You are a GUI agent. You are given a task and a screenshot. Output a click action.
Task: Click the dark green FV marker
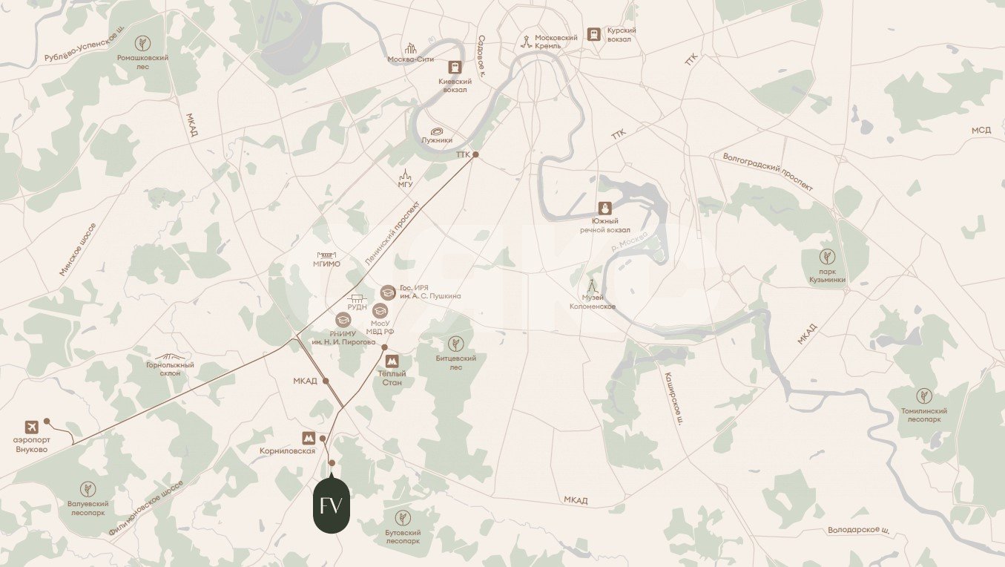click(331, 506)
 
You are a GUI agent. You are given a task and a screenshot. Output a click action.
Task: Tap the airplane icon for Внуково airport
click(31, 427)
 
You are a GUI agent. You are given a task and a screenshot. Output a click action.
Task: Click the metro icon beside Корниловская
click(307, 438)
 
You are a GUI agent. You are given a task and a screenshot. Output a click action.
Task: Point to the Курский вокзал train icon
click(593, 34)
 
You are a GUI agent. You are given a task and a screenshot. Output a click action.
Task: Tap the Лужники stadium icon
click(437, 131)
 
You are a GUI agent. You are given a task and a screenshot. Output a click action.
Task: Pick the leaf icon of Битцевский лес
click(455, 344)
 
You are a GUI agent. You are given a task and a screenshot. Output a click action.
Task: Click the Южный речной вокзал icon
click(604, 209)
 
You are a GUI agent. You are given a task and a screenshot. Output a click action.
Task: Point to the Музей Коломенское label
click(592, 302)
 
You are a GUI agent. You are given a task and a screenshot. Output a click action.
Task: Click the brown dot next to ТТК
click(476, 155)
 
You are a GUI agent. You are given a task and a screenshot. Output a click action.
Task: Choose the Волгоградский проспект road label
click(768, 171)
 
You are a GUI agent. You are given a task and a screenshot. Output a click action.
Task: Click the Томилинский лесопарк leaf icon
click(923, 396)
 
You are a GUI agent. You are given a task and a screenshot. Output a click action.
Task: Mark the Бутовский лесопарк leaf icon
click(403, 518)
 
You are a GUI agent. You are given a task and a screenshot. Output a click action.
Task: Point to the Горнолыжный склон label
click(170, 368)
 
